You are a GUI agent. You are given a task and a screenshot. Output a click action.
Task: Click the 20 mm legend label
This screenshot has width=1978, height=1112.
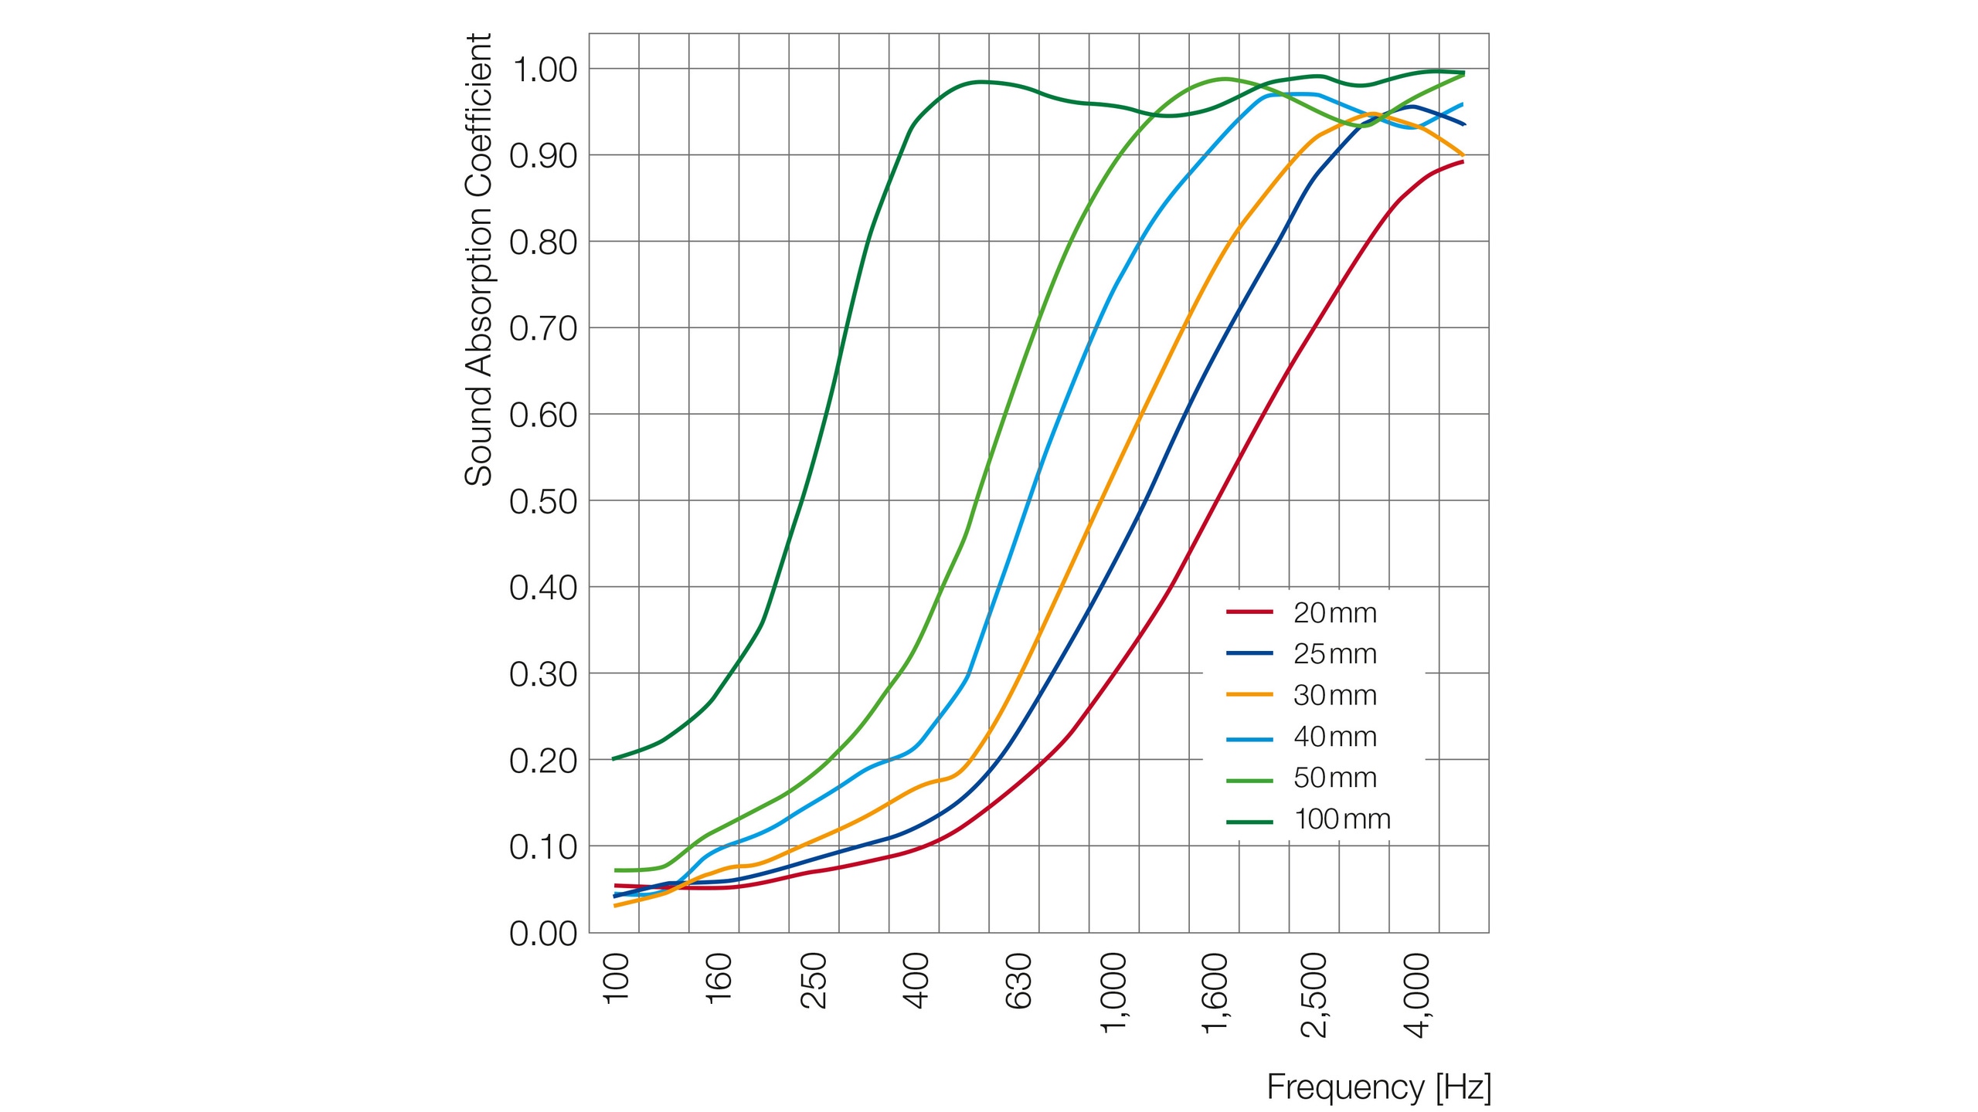(1334, 613)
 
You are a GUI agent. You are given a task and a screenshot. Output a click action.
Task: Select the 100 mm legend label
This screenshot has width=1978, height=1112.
(1341, 819)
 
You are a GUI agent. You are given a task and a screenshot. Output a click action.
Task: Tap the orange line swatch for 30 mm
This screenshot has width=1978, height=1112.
(1249, 695)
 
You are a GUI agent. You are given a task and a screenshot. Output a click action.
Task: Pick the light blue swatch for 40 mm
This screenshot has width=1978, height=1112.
(1249, 739)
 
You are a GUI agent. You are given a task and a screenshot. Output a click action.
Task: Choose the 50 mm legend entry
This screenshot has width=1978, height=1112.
(1334, 778)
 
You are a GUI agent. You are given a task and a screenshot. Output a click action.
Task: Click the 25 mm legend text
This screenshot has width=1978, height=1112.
(1334, 655)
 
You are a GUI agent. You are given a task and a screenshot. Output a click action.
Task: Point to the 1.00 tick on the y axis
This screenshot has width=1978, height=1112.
(543, 70)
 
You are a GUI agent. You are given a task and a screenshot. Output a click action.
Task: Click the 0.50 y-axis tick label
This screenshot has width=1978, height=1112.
(543, 502)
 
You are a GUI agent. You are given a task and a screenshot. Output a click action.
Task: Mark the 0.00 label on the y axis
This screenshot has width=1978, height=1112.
(543, 934)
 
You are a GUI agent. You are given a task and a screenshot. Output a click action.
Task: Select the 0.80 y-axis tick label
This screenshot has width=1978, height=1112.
(543, 243)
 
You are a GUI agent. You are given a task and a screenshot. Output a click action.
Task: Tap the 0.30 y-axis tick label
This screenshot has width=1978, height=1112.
(543, 675)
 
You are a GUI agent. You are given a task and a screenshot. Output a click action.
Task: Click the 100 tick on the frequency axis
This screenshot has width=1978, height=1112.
(617, 978)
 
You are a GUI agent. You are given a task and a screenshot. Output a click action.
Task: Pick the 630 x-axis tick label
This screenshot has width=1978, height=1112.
(1018, 981)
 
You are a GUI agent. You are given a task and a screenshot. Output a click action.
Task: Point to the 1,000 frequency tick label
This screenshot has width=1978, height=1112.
(1115, 992)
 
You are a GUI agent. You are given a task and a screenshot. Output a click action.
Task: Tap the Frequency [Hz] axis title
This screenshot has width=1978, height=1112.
(1378, 1087)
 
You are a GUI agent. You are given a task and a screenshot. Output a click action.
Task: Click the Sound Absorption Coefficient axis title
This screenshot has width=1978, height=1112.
(478, 259)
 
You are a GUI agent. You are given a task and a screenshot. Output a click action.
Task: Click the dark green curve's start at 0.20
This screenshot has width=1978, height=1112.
(613, 758)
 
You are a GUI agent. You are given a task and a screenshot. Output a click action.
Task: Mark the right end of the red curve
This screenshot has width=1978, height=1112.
(1463, 161)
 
